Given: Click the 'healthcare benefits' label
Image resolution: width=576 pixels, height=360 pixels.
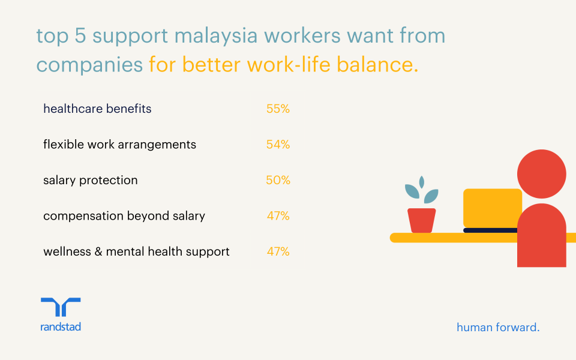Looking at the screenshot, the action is point(97,109).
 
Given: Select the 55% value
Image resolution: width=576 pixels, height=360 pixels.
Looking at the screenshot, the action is point(278,109).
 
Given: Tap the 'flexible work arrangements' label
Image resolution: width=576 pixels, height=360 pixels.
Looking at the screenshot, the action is point(120,145).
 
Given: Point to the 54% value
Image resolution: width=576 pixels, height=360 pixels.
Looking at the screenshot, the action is point(278,145).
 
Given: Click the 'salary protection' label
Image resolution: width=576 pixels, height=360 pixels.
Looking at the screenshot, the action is point(91,180).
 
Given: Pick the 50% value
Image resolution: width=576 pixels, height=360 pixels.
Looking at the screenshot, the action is point(278,180).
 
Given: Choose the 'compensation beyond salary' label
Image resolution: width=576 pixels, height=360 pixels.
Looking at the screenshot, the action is point(124,215).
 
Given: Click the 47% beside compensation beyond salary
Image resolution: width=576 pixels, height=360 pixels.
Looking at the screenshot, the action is point(278,215).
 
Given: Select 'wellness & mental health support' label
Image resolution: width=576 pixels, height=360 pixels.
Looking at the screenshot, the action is point(136,251).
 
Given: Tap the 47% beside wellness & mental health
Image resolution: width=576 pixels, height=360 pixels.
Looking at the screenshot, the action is point(278,251).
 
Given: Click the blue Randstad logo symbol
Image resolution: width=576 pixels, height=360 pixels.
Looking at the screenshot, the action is point(61,307).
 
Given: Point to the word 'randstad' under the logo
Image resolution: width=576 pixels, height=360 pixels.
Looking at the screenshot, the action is point(61,326).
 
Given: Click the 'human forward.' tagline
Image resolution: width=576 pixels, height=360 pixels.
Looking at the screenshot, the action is point(498,327).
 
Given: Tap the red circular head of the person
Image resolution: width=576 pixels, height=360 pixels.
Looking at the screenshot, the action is point(541,174).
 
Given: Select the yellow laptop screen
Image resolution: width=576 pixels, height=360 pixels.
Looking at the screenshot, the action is point(492,208).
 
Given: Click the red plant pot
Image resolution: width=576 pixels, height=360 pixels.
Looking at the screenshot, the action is point(422,220).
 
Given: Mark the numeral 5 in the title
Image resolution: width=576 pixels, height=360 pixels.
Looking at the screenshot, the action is point(80,36).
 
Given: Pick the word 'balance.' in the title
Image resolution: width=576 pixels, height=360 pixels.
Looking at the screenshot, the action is point(377,64).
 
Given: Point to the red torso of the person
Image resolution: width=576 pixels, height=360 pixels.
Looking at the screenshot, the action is point(541,235).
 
